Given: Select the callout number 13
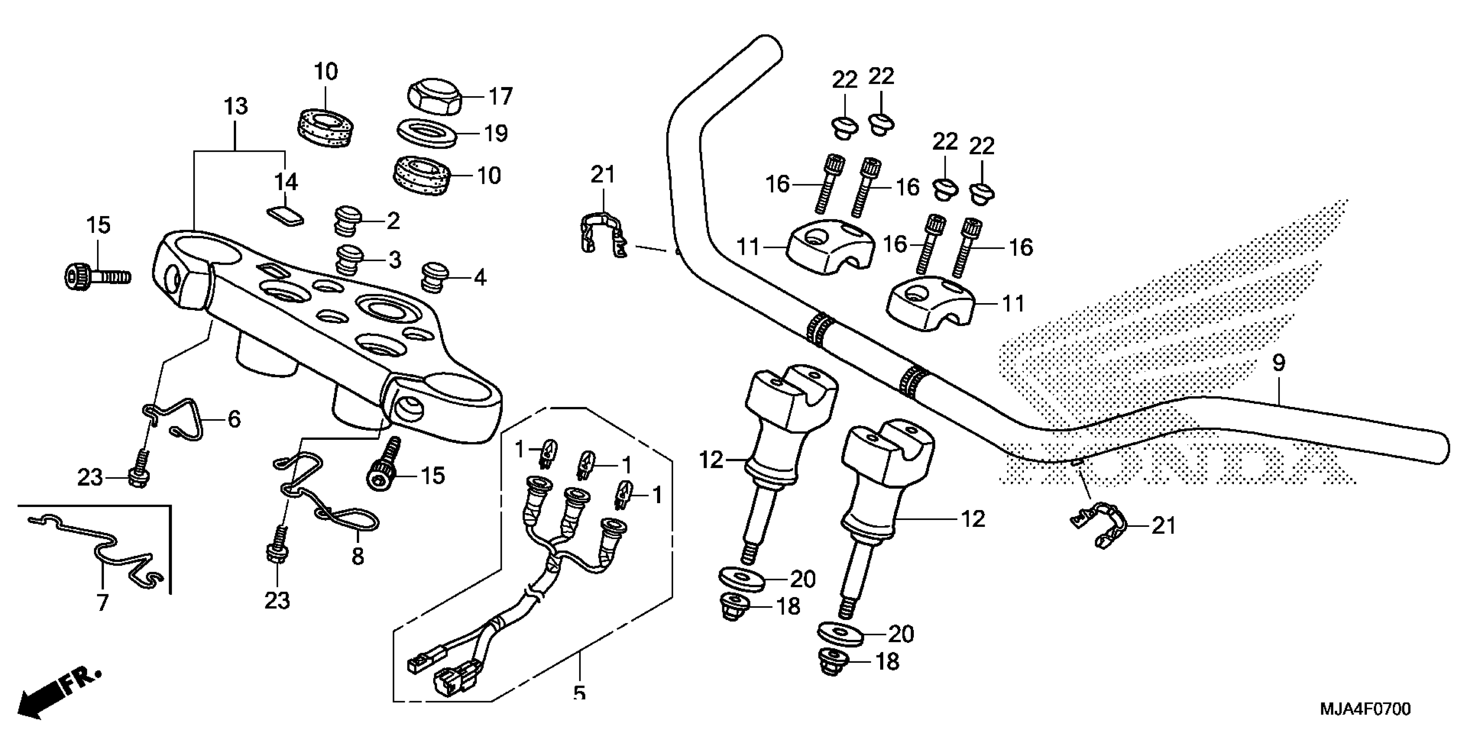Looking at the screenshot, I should coord(236,107).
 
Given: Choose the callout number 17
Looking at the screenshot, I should coord(501,97).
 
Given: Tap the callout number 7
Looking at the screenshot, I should coord(103,602).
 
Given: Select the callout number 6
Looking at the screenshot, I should coord(234,420).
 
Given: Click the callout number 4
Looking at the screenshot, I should coord(480,278).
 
